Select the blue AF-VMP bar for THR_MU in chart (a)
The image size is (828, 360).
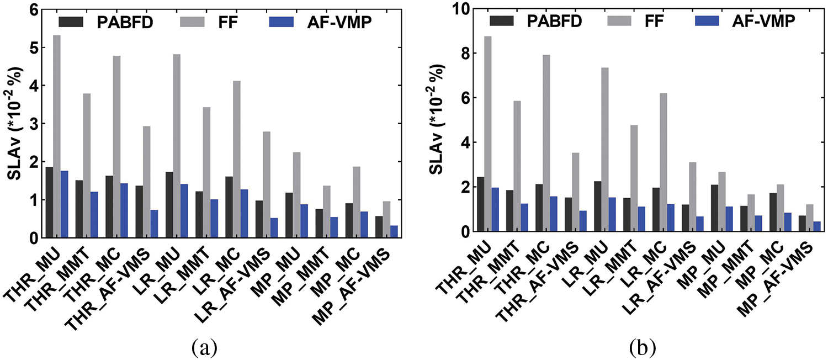coord(64,204)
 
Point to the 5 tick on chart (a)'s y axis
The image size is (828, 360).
coord(38,48)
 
